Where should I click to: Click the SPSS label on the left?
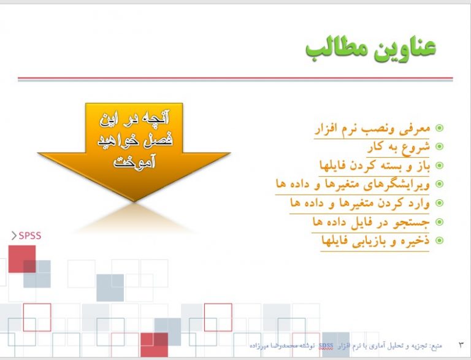pyautogui.click(x=29, y=236)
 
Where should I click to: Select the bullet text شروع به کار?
pyautogui.click(x=399, y=147)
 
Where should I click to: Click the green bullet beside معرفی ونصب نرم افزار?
pyautogui.click(x=439, y=128)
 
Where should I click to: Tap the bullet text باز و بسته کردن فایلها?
pyautogui.click(x=375, y=166)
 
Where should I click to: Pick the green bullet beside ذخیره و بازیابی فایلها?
pyautogui.click(x=439, y=240)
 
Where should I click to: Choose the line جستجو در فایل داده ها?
pyautogui.click(x=371, y=222)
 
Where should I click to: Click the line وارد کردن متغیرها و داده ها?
pyautogui.click(x=360, y=203)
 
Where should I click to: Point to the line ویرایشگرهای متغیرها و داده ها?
pyautogui.click(x=353, y=184)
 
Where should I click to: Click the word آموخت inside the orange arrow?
pyautogui.click(x=134, y=161)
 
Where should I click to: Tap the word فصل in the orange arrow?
pyautogui.click(x=160, y=140)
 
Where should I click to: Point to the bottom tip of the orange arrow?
pyautogui.click(x=134, y=201)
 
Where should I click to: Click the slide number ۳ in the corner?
pyautogui.click(x=461, y=345)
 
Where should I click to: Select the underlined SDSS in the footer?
pyautogui.click(x=326, y=346)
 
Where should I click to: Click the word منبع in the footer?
pyautogui.click(x=436, y=346)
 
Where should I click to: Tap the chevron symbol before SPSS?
pyautogui.click(x=14, y=236)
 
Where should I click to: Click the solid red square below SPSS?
pyautogui.click(x=22, y=259)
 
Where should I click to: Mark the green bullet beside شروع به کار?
pyautogui.click(x=439, y=147)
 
